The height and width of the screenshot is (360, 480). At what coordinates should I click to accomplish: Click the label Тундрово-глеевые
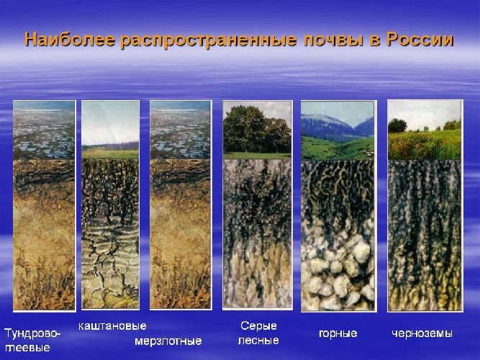pos(32,340)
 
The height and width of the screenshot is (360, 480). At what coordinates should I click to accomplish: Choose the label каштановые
pos(112,326)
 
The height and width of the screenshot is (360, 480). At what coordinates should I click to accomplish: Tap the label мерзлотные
pos(168,341)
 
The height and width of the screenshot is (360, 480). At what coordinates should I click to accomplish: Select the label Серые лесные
pos(259,333)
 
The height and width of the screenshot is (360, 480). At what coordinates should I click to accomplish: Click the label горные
pos(338,333)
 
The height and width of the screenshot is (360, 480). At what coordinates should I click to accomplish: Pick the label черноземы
pos(422,333)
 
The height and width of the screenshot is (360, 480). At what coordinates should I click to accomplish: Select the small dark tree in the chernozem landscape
pos(397,126)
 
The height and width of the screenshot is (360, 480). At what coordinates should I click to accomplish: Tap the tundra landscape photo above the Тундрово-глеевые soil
pos(44,130)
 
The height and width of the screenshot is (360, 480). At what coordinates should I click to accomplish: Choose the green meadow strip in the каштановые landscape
pos(109,153)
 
